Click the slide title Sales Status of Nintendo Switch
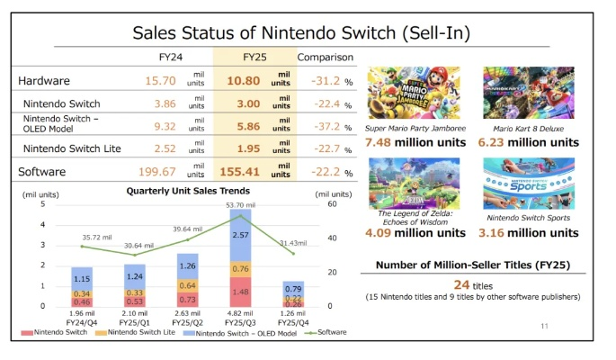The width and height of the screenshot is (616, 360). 306,33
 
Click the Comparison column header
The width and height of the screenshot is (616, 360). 326,58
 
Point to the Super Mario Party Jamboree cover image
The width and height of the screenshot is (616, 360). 415,94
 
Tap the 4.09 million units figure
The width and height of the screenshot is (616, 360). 415,232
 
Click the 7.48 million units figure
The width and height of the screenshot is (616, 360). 415,142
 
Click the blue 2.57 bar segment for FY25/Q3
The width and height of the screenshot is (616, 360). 241,235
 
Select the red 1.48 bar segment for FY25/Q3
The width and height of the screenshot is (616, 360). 241,292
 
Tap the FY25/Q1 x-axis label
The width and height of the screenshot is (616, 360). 138,321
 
